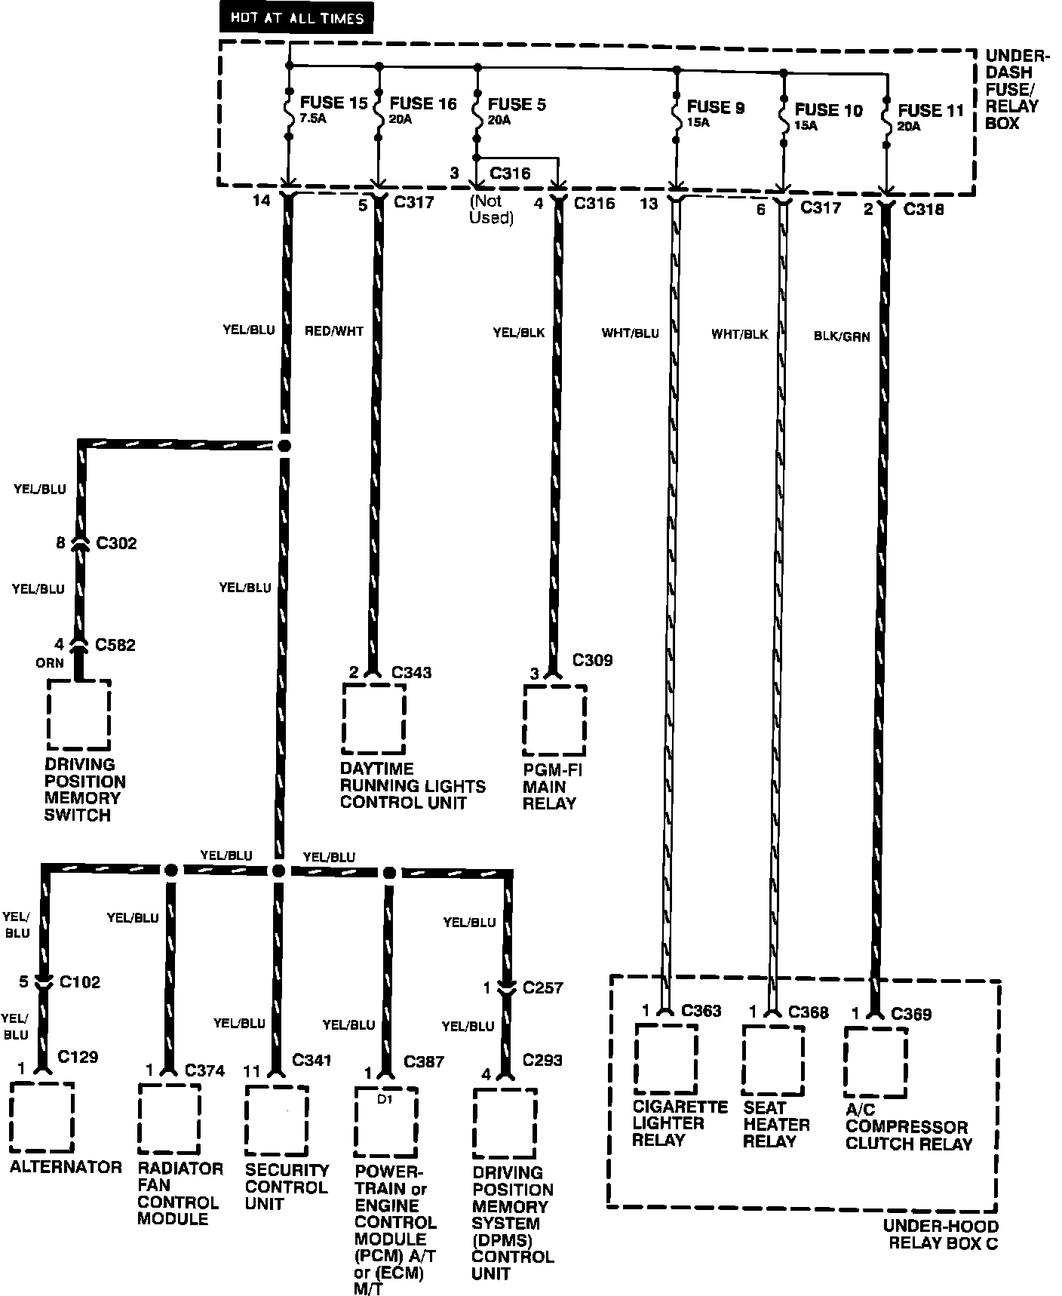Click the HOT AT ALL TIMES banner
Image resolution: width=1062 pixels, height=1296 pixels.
pos(296,19)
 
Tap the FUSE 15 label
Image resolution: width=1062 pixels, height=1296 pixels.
pos(333,103)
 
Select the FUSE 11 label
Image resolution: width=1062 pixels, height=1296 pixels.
pos(931,112)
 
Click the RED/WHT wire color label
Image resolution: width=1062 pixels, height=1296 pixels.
pos(334,330)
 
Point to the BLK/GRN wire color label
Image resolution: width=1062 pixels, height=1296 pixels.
pos(842,336)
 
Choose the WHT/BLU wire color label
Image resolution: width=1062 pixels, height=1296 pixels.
pos(630,333)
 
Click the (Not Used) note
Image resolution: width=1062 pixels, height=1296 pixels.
pos(491,210)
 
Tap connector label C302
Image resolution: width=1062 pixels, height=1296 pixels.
pos(116,543)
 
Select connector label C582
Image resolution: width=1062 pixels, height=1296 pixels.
pos(115,645)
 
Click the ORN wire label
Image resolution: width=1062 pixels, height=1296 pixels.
pos(50,663)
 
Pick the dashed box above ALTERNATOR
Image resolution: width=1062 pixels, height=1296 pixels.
pos(42,1117)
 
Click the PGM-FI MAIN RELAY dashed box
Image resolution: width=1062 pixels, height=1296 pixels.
pos(555,720)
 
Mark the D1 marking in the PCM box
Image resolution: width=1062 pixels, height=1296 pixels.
pos(385,1100)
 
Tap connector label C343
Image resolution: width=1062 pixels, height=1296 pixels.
pos(412,672)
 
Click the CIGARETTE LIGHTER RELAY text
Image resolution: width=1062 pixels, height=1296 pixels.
pos(679,1122)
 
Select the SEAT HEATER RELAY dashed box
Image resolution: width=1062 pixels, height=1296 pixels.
pos(773,1059)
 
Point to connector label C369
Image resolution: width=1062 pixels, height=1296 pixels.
pos(911,1014)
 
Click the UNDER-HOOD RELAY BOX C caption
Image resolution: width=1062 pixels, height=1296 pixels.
pos(943,1234)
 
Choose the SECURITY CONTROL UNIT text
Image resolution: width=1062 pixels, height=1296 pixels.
pos(287,1187)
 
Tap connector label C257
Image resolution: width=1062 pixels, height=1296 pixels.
pos(542,987)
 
